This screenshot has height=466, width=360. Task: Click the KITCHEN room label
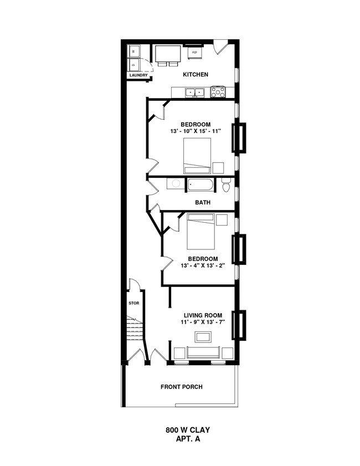(x=196, y=74)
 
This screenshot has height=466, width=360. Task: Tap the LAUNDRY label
(x=138, y=75)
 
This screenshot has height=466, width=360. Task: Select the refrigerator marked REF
(x=194, y=53)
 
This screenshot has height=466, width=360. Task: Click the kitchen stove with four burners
(x=218, y=92)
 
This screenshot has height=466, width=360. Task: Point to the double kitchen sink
(x=194, y=93)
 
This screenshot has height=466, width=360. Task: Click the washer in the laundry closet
(x=133, y=52)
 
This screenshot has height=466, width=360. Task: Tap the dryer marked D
(x=133, y=64)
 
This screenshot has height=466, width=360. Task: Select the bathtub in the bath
(x=199, y=185)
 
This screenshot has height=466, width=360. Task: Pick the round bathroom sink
(x=176, y=183)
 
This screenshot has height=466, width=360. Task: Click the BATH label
(x=203, y=202)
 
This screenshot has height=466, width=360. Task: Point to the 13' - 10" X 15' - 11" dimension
(x=196, y=131)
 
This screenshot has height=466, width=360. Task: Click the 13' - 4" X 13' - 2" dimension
(x=203, y=265)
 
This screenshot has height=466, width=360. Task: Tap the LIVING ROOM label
(x=203, y=315)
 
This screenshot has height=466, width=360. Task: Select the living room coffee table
(x=203, y=337)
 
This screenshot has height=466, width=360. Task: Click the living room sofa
(x=203, y=352)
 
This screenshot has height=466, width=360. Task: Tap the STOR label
(x=133, y=303)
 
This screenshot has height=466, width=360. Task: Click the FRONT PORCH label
(x=182, y=387)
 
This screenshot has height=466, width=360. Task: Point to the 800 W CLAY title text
(x=188, y=430)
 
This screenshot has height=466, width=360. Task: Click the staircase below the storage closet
(x=135, y=329)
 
